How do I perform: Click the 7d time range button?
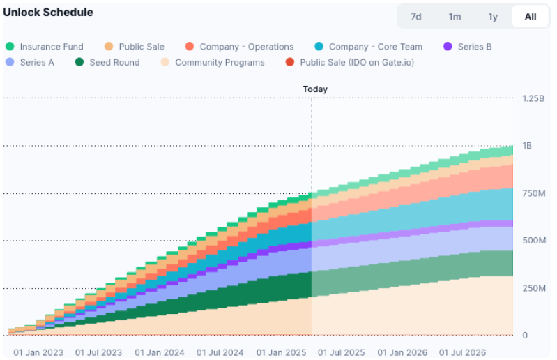(x=416, y=17)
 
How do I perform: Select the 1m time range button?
(x=455, y=17)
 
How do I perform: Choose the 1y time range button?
(x=493, y=17)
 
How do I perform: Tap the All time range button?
(x=531, y=17)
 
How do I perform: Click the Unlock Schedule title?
(x=48, y=13)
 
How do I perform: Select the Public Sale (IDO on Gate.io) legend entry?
(x=353, y=62)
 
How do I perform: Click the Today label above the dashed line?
(x=315, y=89)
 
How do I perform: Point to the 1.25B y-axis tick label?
(x=533, y=98)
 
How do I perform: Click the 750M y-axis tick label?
(x=534, y=193)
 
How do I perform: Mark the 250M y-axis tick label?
(x=534, y=288)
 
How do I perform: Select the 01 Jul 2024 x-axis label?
(x=220, y=353)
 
